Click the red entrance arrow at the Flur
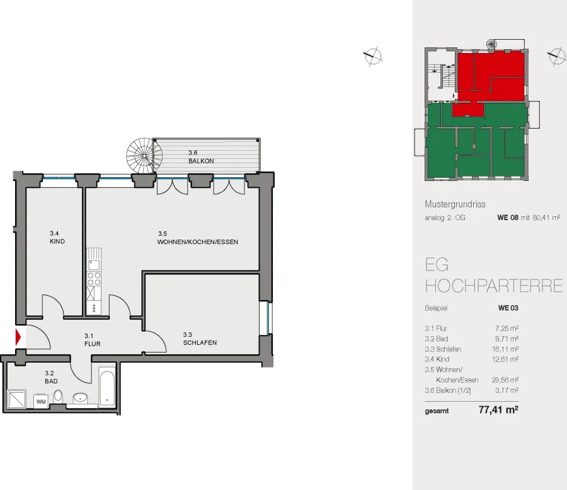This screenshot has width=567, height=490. coord(18,337)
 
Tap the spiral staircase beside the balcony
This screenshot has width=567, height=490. coord(144,156)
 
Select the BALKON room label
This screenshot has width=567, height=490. coord(201,161)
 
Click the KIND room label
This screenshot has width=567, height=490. coord(57,242)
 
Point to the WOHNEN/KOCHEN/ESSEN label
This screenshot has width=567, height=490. coord(197,242)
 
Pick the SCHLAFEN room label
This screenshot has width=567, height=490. coord(200,342)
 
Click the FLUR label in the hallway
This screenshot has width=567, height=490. coord(92,344)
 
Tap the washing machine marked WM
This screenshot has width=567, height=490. coord(41,401)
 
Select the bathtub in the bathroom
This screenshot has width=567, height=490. coord(107,387)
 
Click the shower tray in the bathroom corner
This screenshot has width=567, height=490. coord(16,399)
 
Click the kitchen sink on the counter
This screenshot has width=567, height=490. coord(94,264)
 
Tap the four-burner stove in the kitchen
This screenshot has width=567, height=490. coord(94,279)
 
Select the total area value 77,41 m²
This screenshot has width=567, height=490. coord(498,410)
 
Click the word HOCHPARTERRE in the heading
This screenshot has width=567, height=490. coord(493,286)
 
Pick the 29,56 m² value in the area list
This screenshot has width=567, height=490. coord(505,380)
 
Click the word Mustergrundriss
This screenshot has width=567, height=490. coord(455,204)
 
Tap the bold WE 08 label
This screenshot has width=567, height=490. coord(508,218)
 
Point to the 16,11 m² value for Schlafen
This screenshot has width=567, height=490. coord(505,349)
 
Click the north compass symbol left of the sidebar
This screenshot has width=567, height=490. coord(372,56)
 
